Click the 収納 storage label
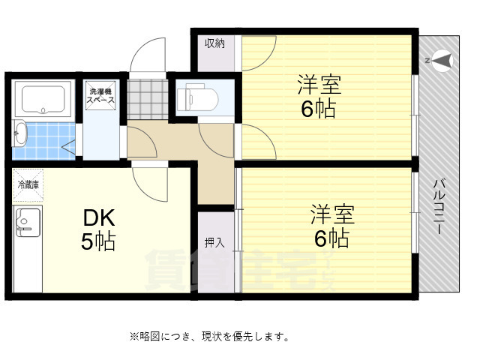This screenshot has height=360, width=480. (215, 43)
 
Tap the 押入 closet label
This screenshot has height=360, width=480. (214, 242)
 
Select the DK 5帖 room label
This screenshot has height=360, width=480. (98, 229)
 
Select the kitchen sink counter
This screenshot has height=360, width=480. (27, 247)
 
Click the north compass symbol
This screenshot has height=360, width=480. (440, 60)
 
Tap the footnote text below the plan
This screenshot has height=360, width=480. (209, 336)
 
